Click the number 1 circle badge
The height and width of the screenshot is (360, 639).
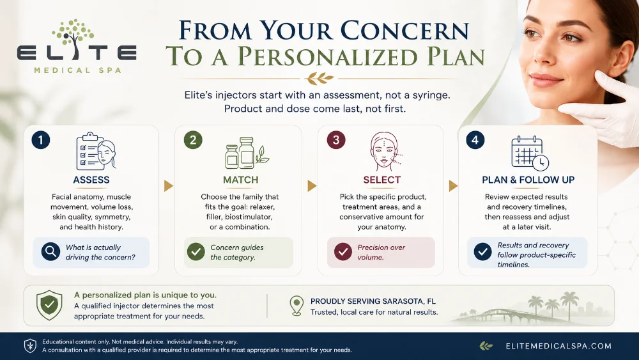pyautogui.click(x=41, y=140)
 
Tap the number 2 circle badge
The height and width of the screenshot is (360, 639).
pyautogui.click(x=193, y=140)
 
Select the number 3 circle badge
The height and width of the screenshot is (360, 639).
pyautogui.click(x=336, y=140)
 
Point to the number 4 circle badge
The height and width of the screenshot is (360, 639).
pyautogui.click(x=475, y=140)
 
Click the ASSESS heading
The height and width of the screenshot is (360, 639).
pyautogui.click(x=91, y=180)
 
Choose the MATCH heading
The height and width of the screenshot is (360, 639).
pyautogui.click(x=240, y=180)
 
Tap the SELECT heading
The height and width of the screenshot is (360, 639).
pyautogui.click(x=382, y=180)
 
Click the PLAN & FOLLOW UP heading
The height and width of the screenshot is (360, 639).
pyautogui.click(x=528, y=180)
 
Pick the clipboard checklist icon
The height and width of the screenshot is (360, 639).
pyautogui.click(x=96, y=152)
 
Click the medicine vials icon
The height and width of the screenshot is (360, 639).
pyautogui.click(x=247, y=153)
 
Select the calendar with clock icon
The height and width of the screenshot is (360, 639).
pyautogui.click(x=530, y=153)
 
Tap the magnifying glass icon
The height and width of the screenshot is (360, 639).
pyautogui.click(x=51, y=252)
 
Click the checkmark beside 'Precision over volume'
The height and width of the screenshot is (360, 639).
pyautogui.click(x=343, y=252)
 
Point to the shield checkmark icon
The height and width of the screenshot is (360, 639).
pyautogui.click(x=49, y=305)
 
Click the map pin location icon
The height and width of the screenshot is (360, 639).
pyautogui.click(x=296, y=306)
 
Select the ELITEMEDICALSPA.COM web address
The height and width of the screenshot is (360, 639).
pyautogui.click(x=558, y=346)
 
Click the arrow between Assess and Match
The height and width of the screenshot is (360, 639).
pyautogui.click(x=168, y=186)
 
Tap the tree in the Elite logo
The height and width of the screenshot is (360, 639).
pyautogui.click(x=73, y=35)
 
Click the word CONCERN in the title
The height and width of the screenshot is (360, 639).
pyautogui.click(x=404, y=31)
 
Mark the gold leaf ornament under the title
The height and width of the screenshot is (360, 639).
pyautogui.click(x=320, y=78)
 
